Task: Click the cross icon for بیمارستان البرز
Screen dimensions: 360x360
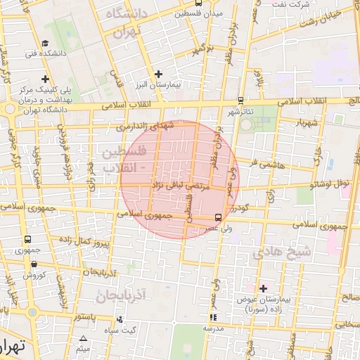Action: tap(158, 74)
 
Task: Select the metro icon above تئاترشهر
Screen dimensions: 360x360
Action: tap(241, 101)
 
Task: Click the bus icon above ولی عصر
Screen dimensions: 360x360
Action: tap(218, 217)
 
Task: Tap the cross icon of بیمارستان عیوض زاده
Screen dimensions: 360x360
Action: tap(264, 288)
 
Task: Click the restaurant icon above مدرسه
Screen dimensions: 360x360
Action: tap(213, 318)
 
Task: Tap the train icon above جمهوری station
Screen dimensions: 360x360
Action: tap(27, 240)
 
